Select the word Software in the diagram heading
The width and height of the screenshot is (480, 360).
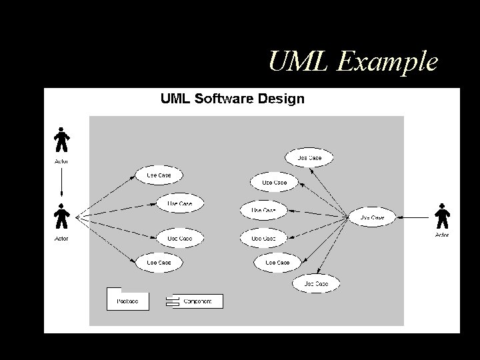point(223,99)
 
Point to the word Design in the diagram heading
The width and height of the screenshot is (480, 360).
point(281,99)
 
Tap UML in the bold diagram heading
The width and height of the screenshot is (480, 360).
point(175,99)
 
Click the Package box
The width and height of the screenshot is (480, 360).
point(127,300)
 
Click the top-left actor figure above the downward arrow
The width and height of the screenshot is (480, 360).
point(61,140)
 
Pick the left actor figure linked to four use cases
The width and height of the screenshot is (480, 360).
point(61,216)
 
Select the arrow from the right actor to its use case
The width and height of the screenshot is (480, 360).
point(413,217)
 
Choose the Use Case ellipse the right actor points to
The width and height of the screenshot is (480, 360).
point(372,217)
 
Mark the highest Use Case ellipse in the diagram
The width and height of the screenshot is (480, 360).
point(309,158)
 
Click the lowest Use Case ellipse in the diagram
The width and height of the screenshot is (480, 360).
point(316,283)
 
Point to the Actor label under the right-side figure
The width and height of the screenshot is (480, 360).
point(441,235)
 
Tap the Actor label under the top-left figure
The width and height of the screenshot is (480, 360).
point(61,161)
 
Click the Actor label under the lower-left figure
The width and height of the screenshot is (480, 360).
point(61,238)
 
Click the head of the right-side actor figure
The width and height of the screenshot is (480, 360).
point(441,205)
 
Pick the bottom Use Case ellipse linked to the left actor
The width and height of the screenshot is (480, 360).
point(159,263)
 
